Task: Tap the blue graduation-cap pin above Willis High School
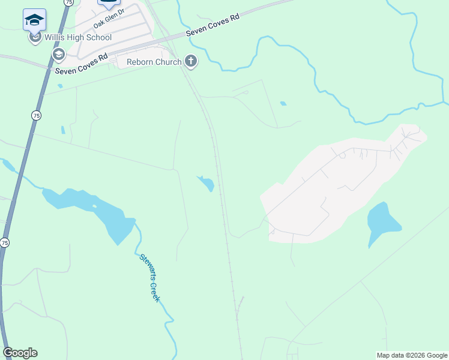(x=34, y=20)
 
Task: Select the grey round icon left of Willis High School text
(x=35, y=38)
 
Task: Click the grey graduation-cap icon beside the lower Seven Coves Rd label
(x=58, y=55)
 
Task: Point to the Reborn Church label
(x=154, y=62)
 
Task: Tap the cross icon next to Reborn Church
(x=191, y=61)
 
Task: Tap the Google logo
(x=20, y=353)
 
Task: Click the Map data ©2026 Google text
(x=412, y=355)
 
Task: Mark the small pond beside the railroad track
(x=206, y=183)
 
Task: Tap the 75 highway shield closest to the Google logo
(x=5, y=242)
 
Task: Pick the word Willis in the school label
(x=56, y=38)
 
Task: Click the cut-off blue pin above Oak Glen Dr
(x=108, y=3)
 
